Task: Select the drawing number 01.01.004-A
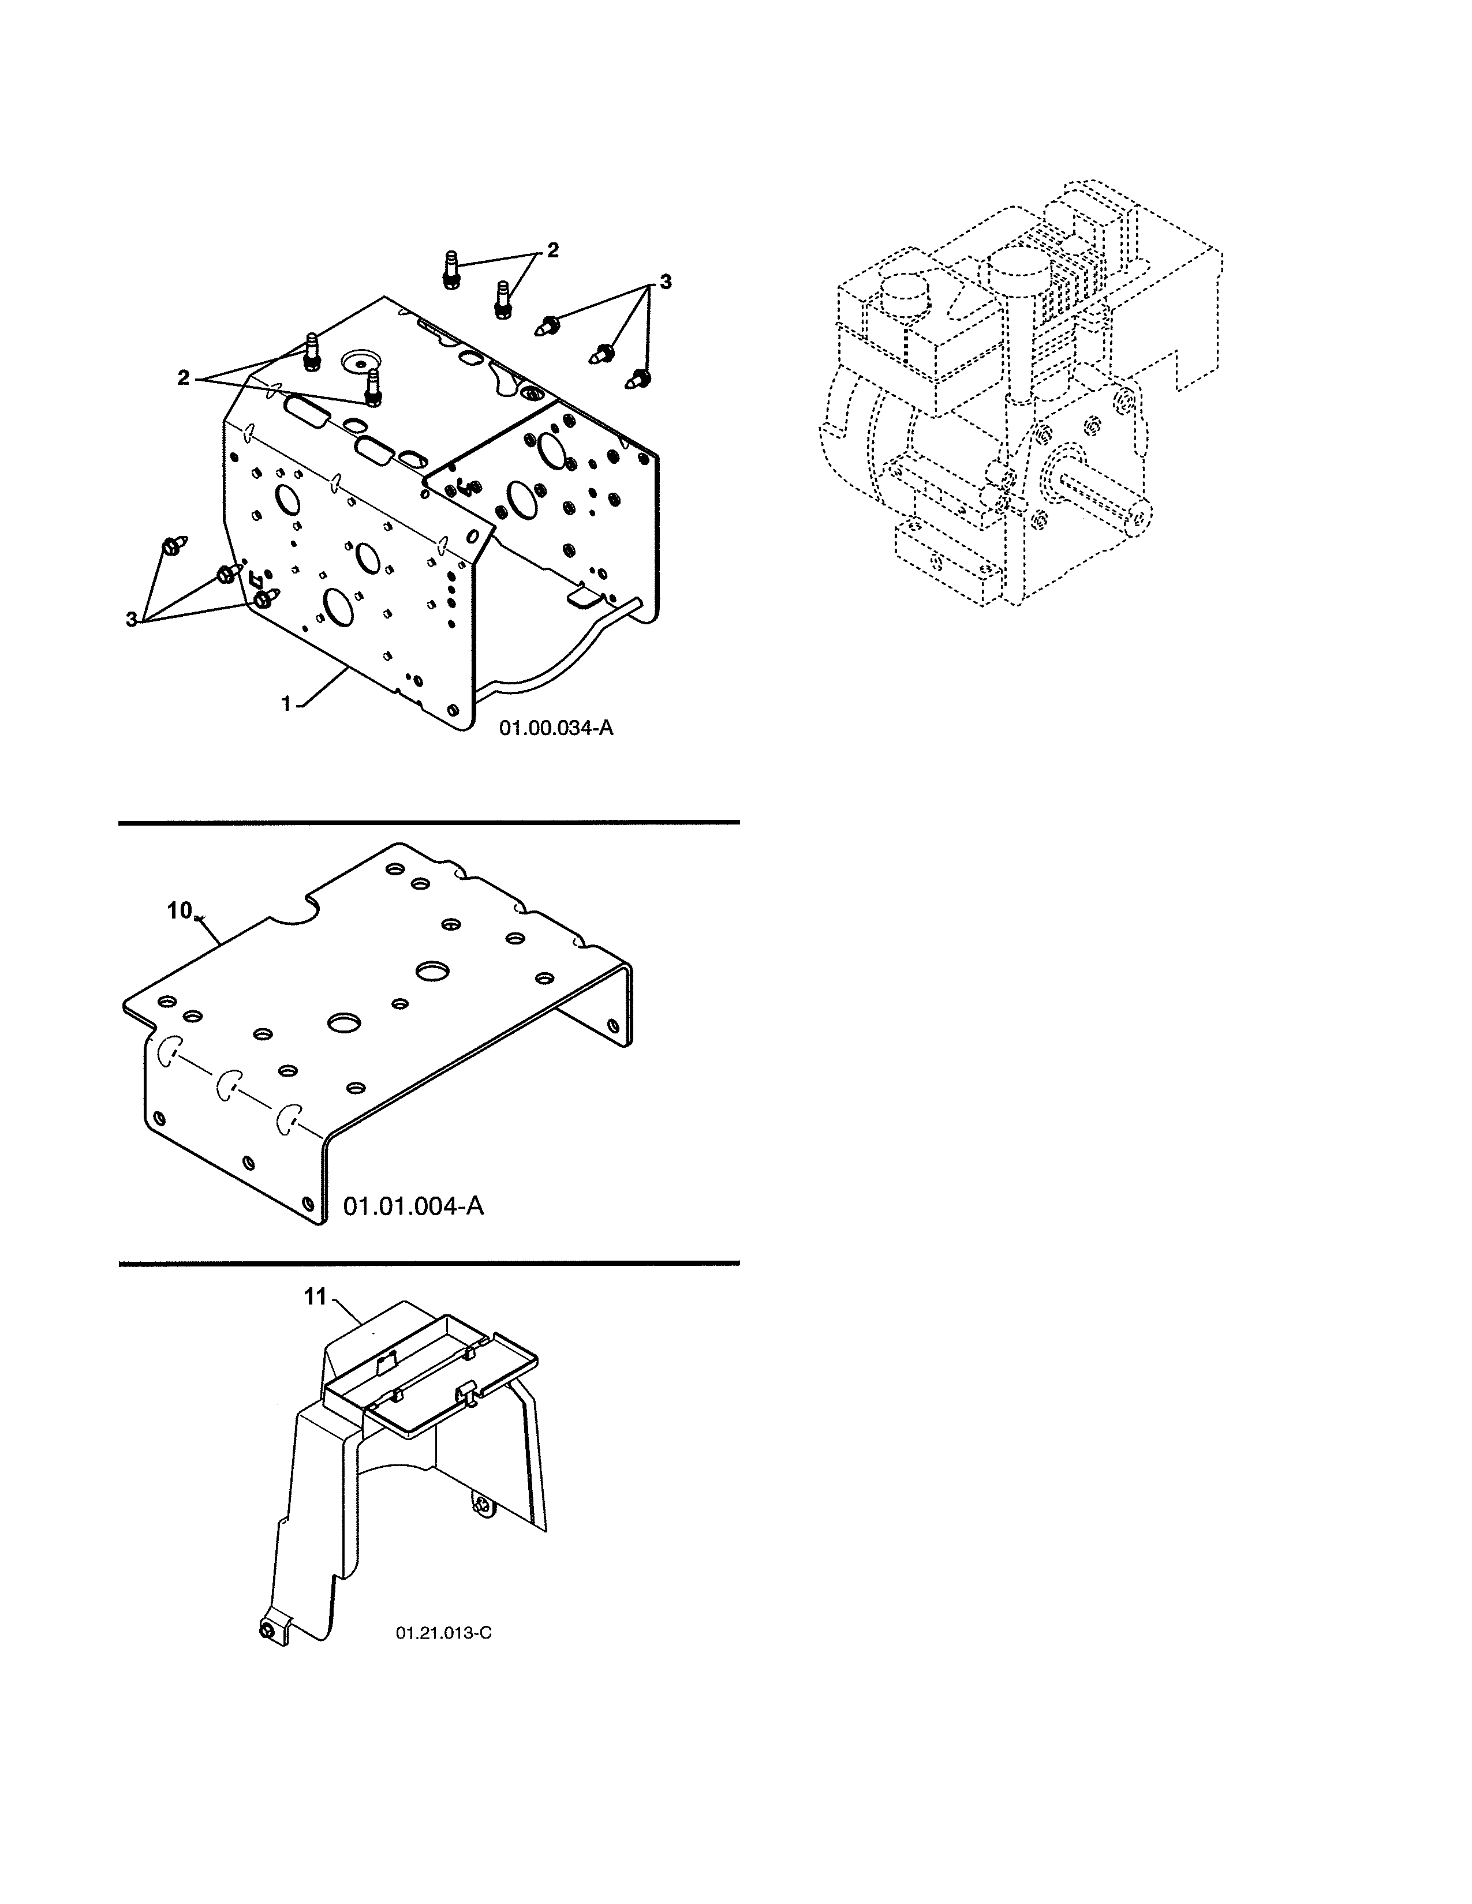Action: pos(413,1206)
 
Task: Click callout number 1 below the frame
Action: pos(286,703)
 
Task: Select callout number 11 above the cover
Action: pos(314,1322)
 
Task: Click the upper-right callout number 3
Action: pos(666,282)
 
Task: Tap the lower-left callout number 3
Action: pos(132,619)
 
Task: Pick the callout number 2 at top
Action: pos(552,251)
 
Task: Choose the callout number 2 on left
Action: pos(183,377)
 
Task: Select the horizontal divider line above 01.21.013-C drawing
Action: pos(428,1262)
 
